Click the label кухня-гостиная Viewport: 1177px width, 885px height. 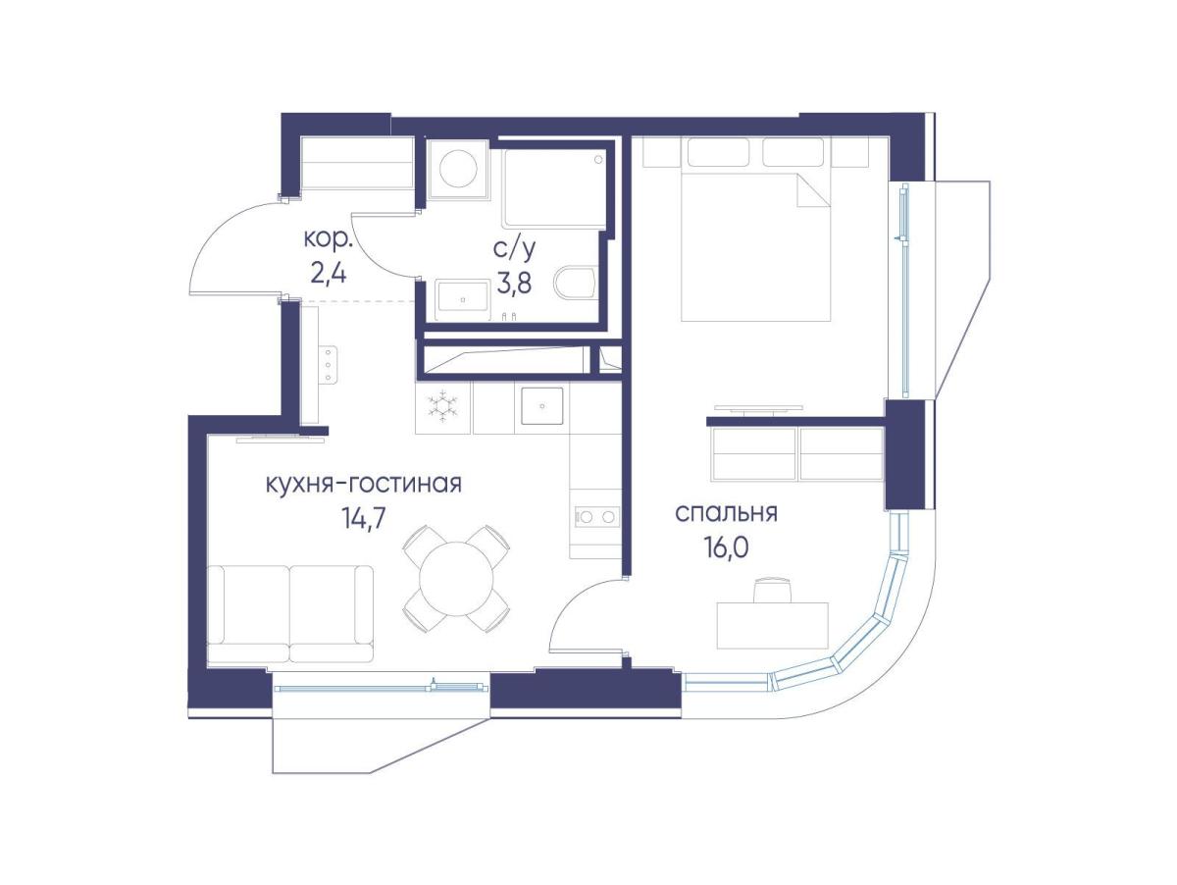pyautogui.click(x=363, y=484)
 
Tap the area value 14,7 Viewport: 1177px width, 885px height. pyautogui.click(x=363, y=519)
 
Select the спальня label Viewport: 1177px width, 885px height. pyautogui.click(x=726, y=513)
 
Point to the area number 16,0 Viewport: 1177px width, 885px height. pyautogui.click(x=727, y=549)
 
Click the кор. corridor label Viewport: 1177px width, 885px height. pyautogui.click(x=329, y=239)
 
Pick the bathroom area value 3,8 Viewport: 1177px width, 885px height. pyautogui.click(x=514, y=283)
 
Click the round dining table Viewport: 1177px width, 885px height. pyautogui.click(x=456, y=579)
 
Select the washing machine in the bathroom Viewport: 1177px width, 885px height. pyautogui.click(x=458, y=169)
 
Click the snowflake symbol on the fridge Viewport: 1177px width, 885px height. pyautogui.click(x=442, y=405)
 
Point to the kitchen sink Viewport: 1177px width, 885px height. pyautogui.click(x=541, y=406)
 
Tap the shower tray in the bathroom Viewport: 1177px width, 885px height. pyautogui.click(x=555, y=187)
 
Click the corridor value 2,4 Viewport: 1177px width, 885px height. pyautogui.click(x=329, y=275)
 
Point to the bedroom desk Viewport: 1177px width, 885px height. pyautogui.click(x=773, y=625)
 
